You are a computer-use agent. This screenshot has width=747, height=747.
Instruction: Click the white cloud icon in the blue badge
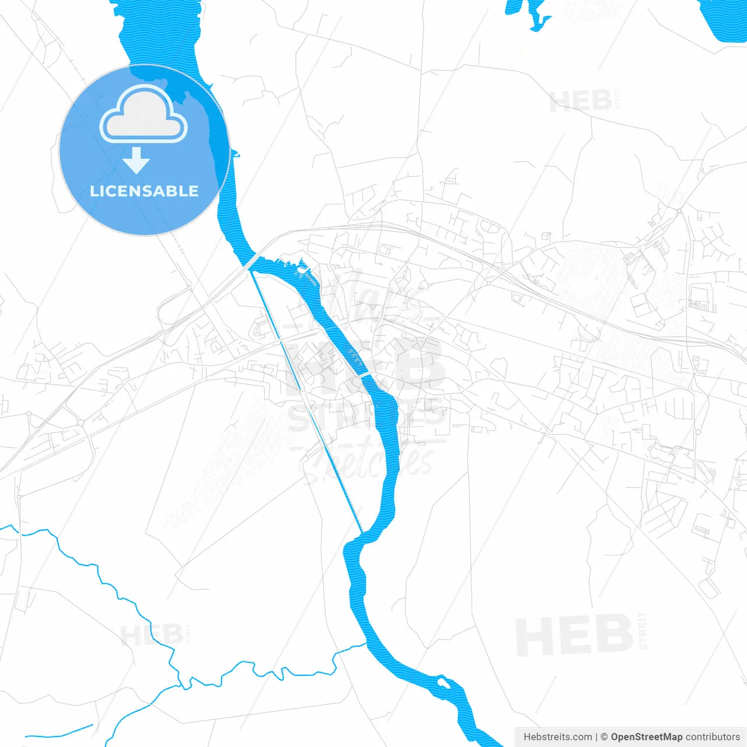point(144,114)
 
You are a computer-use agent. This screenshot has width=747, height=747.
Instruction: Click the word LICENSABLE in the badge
point(144,191)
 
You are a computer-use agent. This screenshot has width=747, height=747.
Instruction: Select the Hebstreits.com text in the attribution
point(557,737)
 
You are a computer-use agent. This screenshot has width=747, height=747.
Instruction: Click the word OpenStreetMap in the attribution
point(646,737)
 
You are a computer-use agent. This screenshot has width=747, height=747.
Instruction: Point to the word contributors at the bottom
point(712,737)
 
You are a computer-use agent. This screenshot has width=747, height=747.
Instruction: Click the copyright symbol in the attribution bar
point(605,737)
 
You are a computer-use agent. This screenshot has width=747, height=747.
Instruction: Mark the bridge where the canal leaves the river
point(252,263)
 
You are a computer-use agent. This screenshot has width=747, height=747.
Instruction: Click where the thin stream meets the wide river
point(366,643)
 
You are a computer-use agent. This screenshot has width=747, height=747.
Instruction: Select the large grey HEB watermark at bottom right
point(575,635)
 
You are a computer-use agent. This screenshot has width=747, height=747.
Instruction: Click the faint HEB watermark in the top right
point(581,102)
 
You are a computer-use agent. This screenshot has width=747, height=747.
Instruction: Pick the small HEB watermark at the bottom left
point(152,635)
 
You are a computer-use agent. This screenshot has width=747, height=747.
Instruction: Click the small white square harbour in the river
point(301,270)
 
